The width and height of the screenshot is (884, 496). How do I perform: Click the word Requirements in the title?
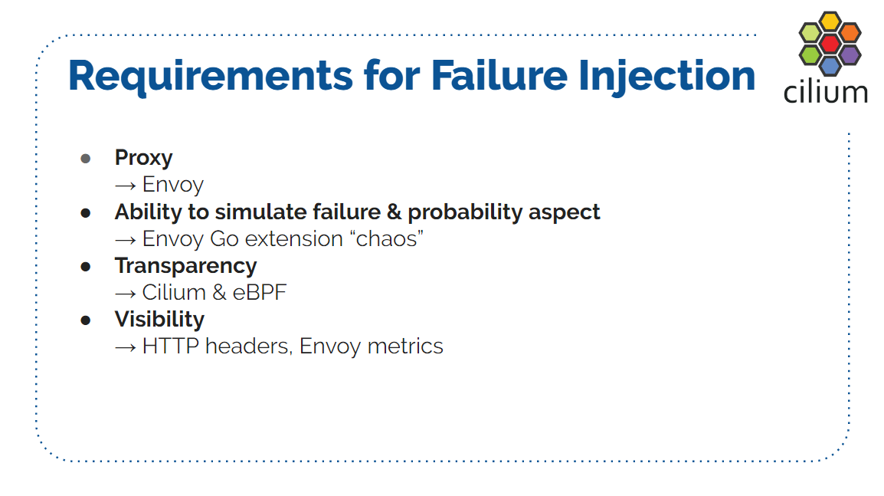pyautogui.click(x=211, y=77)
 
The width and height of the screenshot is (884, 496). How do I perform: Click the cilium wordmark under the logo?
pyautogui.click(x=825, y=92)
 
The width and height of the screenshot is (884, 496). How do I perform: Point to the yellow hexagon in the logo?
pyautogui.click(x=830, y=21)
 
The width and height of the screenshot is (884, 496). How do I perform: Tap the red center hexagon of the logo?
pyautogui.click(x=830, y=44)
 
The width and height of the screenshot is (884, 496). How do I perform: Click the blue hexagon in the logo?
pyautogui.click(x=830, y=65)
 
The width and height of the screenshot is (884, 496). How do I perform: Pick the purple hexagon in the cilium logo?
pyautogui.click(x=850, y=54)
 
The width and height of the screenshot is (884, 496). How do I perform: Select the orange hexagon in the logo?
pyautogui.click(x=850, y=33)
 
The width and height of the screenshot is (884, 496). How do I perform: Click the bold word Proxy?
pyautogui.click(x=144, y=158)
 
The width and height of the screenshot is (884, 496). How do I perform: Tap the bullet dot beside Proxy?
pyautogui.click(x=86, y=159)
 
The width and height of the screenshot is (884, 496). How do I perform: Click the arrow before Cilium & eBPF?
pyautogui.click(x=125, y=294)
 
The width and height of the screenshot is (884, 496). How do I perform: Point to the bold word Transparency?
pyautogui.click(x=186, y=266)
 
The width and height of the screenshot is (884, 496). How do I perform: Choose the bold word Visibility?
pyautogui.click(x=159, y=320)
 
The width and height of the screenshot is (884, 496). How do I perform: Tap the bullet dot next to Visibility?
pyautogui.click(x=86, y=320)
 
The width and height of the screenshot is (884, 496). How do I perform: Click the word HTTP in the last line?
pyautogui.click(x=171, y=346)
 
